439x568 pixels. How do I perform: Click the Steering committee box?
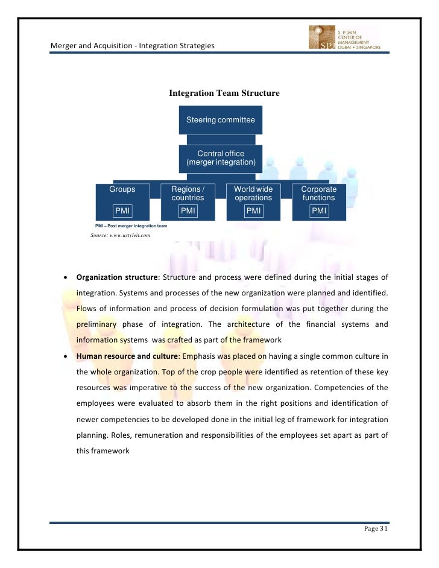tap(220, 120)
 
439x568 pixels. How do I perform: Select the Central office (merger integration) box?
tap(220, 158)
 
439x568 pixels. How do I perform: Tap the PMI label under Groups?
tap(122, 210)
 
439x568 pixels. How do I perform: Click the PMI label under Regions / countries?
tap(188, 210)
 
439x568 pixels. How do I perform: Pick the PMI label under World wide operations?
tap(253, 210)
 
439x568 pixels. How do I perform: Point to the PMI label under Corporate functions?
tap(318, 210)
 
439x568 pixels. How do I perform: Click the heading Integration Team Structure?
tap(224, 93)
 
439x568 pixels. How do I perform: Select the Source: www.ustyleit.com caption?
tap(120, 236)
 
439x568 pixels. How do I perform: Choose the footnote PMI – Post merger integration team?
tap(131, 226)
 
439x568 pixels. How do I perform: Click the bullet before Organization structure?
tap(65, 278)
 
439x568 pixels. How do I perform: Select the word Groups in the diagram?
tap(122, 189)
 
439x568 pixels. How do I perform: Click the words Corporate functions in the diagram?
tap(318, 193)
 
